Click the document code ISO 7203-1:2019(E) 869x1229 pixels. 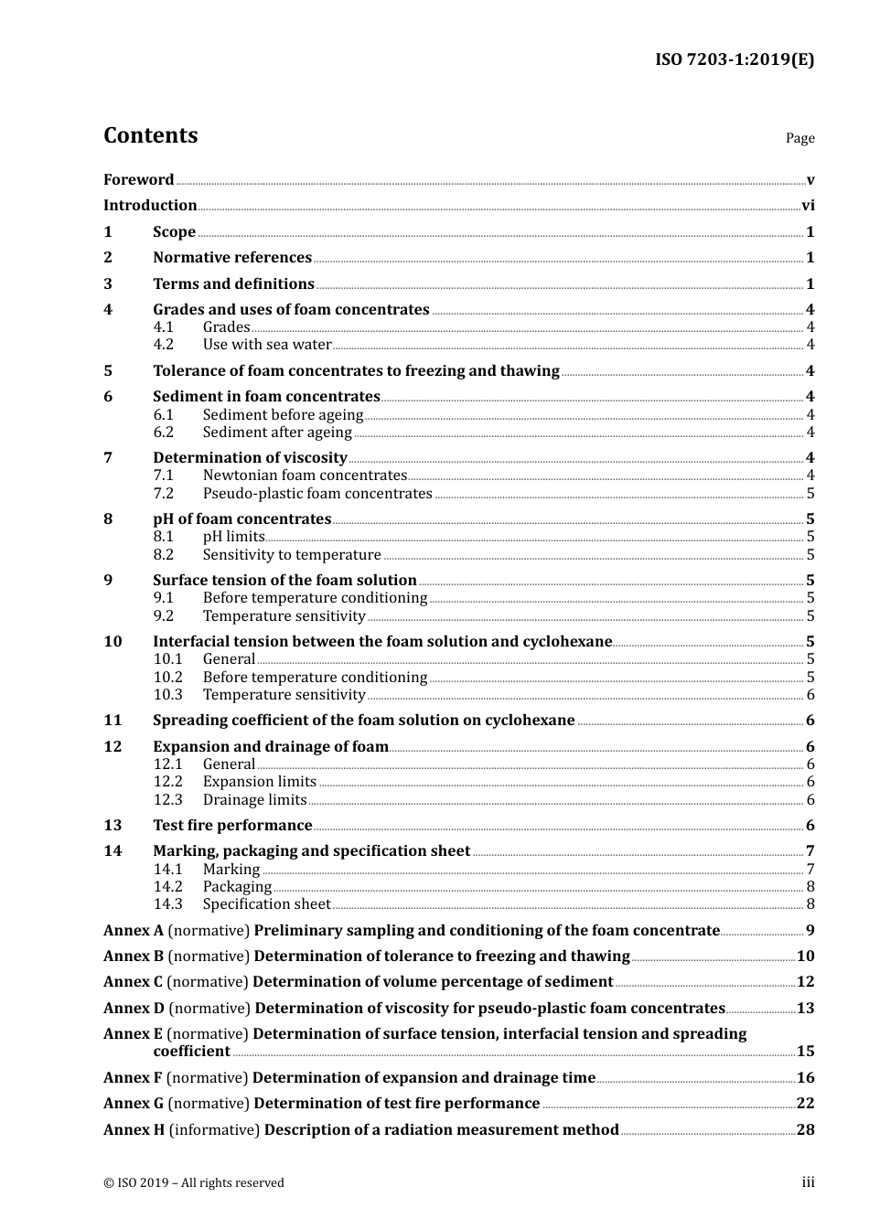tap(735, 59)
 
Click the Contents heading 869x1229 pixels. tap(150, 135)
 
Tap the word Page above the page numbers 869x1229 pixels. tap(799, 138)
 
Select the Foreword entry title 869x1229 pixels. tap(138, 179)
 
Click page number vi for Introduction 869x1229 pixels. tap(808, 206)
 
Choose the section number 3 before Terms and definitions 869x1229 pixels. tap(108, 283)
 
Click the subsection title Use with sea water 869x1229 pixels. tap(267, 345)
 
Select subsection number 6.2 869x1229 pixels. tap(164, 433)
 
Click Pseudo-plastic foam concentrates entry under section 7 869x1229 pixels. tap(317, 494)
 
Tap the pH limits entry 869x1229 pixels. tap(233, 537)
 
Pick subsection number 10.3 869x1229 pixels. tap(167, 695)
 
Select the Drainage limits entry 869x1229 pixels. tap(254, 800)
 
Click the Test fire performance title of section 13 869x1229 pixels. tap(232, 825)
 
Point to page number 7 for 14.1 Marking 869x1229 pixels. tap(810, 869)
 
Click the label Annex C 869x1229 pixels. tap(133, 981)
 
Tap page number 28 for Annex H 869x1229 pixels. tap(805, 1129)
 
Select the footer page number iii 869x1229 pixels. tap(808, 1182)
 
